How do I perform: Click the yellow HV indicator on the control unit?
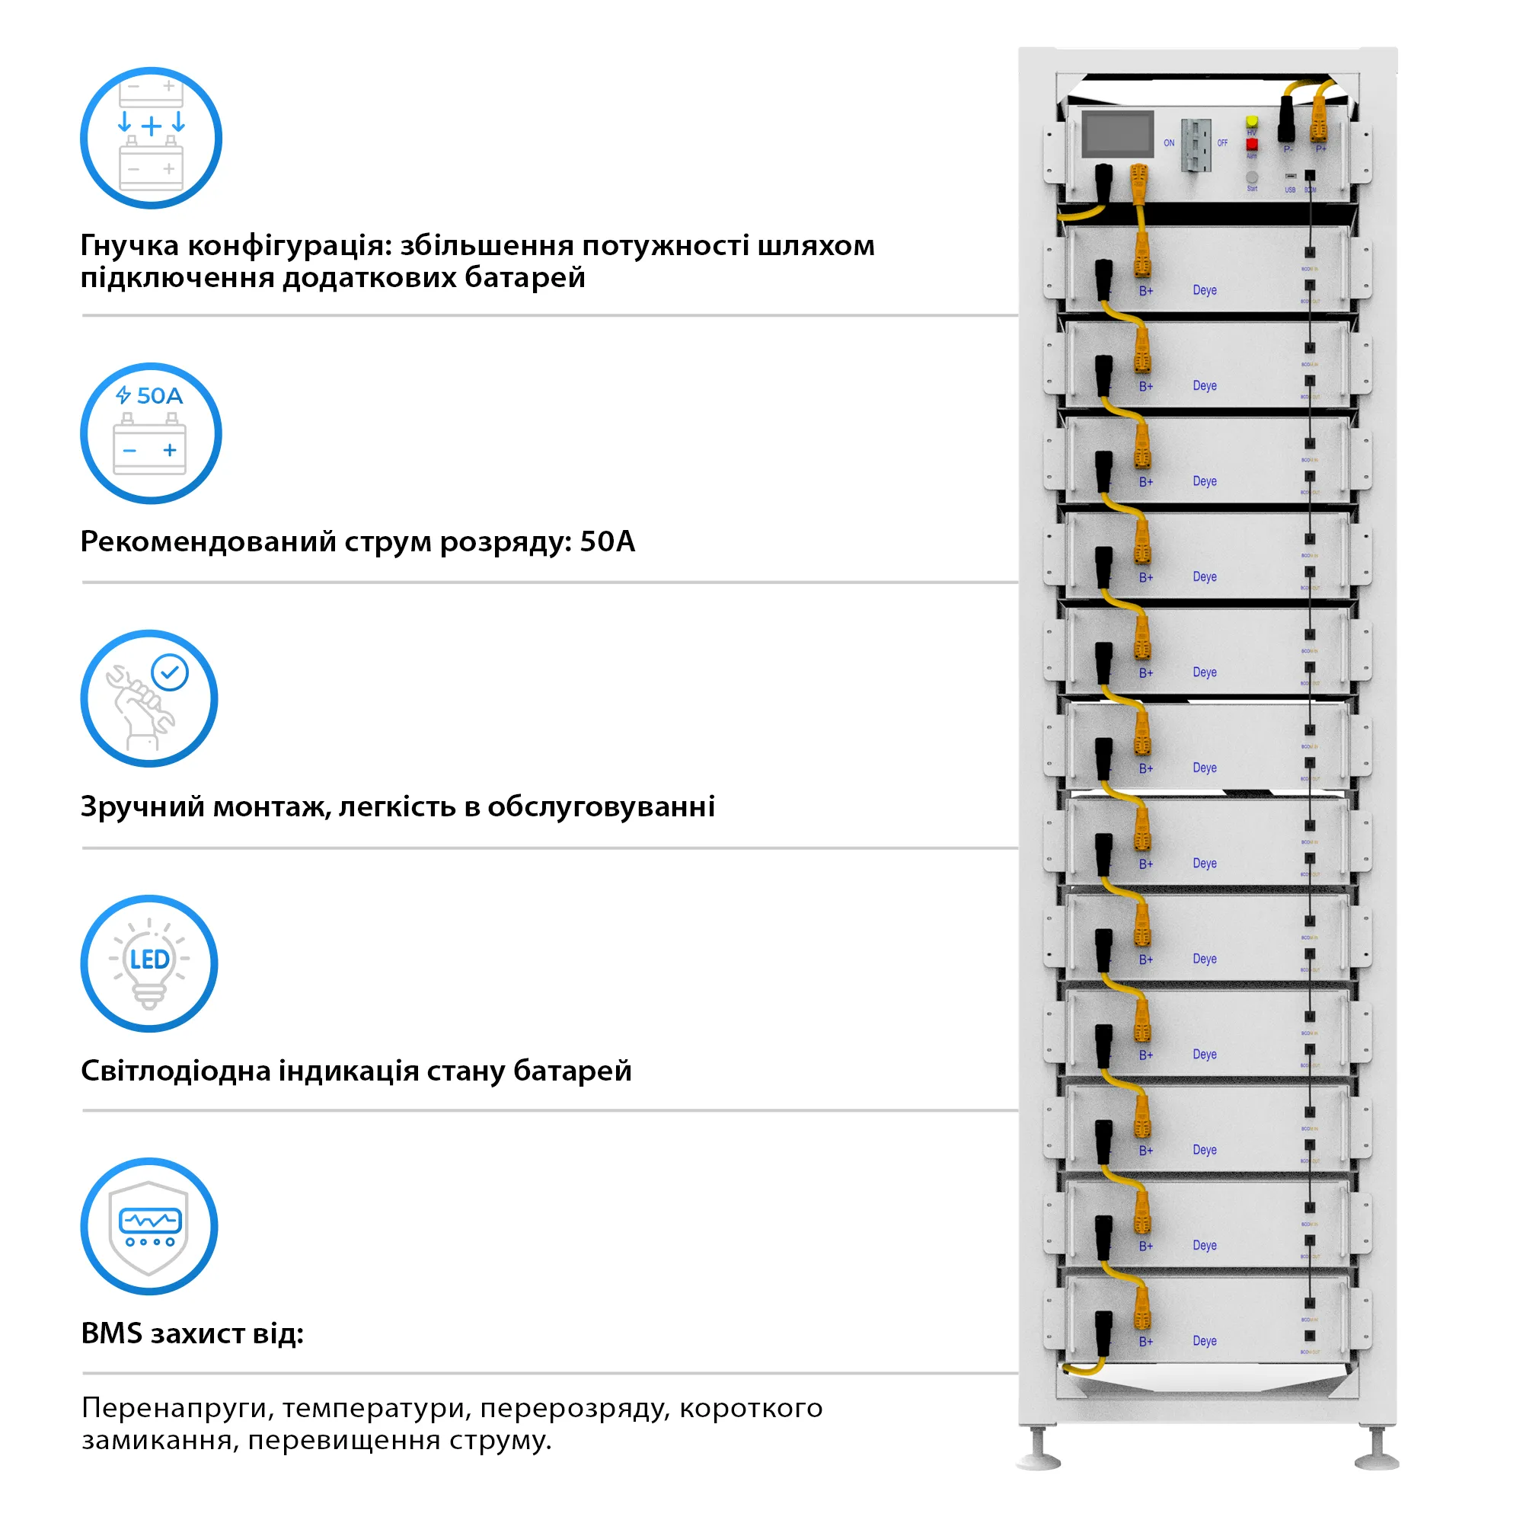pyautogui.click(x=1251, y=122)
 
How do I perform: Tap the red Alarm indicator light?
pyautogui.click(x=1251, y=144)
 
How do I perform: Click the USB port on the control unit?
pyautogui.click(x=1291, y=176)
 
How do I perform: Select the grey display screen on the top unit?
pyautogui.click(x=1117, y=133)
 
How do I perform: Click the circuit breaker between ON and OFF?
pyautogui.click(x=1195, y=145)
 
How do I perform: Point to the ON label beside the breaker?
pyautogui.click(x=1169, y=142)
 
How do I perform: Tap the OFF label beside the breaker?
pyautogui.click(x=1222, y=142)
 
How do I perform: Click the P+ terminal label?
pyautogui.click(x=1321, y=148)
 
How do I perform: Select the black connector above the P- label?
pyautogui.click(x=1286, y=118)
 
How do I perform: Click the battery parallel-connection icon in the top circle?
pyautogui.click(x=151, y=138)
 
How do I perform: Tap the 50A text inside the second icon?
pyautogui.click(x=159, y=396)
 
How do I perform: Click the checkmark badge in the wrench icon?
pyautogui.click(x=171, y=672)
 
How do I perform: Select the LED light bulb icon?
pyautogui.click(x=150, y=963)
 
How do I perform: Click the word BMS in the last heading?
pyautogui.click(x=111, y=1333)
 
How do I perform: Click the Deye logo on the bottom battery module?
pyautogui.click(x=1204, y=1340)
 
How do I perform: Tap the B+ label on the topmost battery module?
pyautogui.click(x=1145, y=291)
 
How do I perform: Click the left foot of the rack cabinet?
pyautogui.click(x=1038, y=1455)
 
